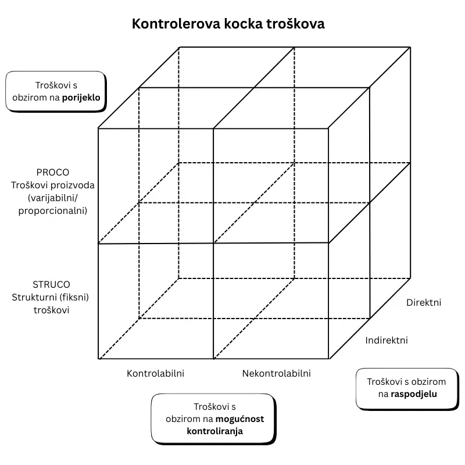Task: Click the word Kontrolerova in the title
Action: click(176, 24)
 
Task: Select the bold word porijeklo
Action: click(81, 98)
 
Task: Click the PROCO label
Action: click(53, 172)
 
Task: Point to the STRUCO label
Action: click(51, 285)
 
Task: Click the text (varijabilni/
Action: click(53, 198)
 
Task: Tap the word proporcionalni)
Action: click(53, 211)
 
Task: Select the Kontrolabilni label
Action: click(155, 373)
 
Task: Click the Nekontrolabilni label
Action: click(277, 373)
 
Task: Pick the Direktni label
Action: click(424, 302)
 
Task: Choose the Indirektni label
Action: click(387, 340)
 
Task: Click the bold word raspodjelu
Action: click(414, 394)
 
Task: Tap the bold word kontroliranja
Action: click(214, 431)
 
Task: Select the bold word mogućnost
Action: click(239, 419)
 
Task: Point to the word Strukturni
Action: click(35, 297)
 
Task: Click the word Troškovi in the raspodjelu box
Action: click(382, 382)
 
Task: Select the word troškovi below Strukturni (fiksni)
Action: click(51, 310)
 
